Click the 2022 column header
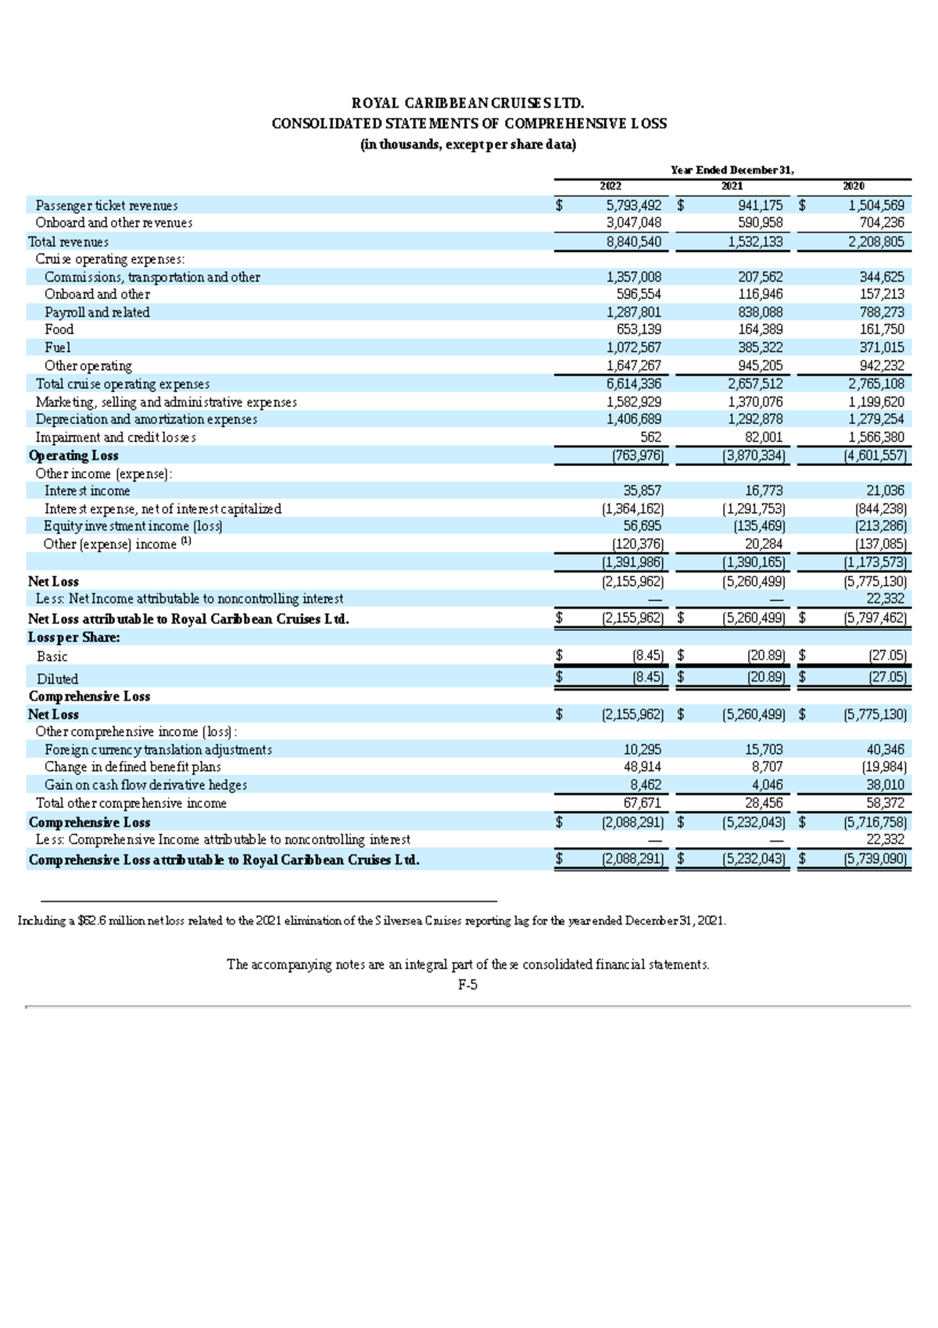pos(610,186)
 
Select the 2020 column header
pos(854,186)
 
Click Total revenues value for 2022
pos(633,242)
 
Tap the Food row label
pos(59,330)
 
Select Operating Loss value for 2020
pos(875,456)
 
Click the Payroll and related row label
pos(97,312)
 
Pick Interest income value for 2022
pos(642,491)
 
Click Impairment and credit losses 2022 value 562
pos(650,438)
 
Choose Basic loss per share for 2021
pos(766,656)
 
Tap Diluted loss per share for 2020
pos(887,677)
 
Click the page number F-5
pos(467,985)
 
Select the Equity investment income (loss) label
pos(133,526)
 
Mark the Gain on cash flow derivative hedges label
pos(145,785)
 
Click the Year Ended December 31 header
pos(732,170)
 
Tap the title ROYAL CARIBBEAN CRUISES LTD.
pos(467,103)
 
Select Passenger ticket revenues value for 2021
pos(760,206)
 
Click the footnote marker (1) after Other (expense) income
pos(185,541)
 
